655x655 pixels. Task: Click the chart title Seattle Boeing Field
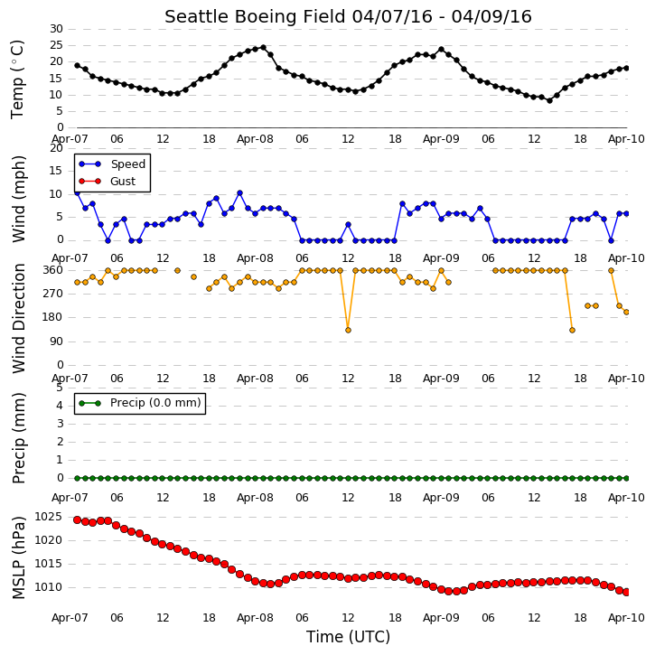(x=255, y=17)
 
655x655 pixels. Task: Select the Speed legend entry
(x=112, y=164)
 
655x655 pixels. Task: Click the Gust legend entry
(x=108, y=182)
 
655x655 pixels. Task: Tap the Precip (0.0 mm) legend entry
(x=140, y=403)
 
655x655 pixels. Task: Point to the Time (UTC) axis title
(x=348, y=637)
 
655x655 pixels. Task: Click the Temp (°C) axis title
(x=17, y=80)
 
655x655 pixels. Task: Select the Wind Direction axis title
(x=19, y=318)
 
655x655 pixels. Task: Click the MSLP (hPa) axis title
(x=19, y=557)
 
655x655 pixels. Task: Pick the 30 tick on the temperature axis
(x=56, y=29)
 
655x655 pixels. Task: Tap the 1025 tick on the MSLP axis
(x=48, y=517)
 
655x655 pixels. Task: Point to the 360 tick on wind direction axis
(x=53, y=270)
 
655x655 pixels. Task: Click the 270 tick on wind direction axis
(x=53, y=294)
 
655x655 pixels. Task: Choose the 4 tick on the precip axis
(x=60, y=406)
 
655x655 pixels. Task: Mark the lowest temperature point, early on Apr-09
(x=549, y=100)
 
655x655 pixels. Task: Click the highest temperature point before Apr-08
(x=263, y=48)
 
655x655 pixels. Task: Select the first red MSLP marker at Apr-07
(x=78, y=519)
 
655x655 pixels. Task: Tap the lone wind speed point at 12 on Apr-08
(x=348, y=225)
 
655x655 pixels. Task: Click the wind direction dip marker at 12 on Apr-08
(x=348, y=330)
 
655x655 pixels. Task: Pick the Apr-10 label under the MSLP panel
(x=626, y=618)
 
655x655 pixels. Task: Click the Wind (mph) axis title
(x=19, y=199)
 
